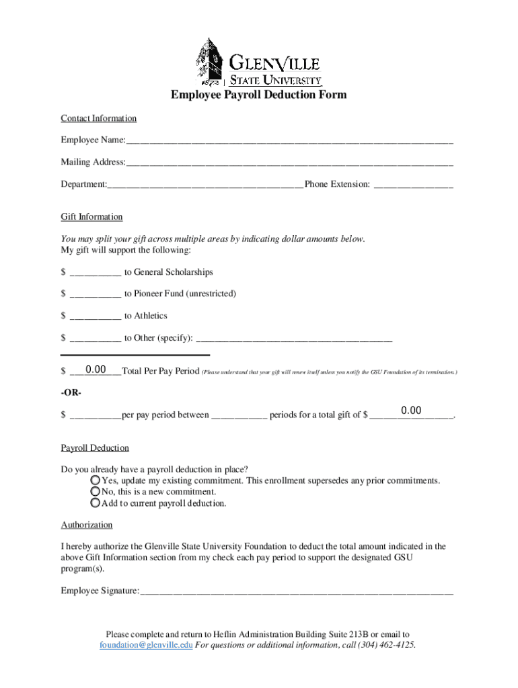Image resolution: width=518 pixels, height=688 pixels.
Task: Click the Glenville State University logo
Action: tap(258, 61)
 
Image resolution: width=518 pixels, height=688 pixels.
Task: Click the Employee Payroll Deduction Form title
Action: tap(258, 95)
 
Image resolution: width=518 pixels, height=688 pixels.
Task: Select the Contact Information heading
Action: tap(98, 118)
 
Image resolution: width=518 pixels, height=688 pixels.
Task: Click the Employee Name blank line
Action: tap(289, 141)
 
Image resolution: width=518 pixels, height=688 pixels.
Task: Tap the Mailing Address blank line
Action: tap(289, 163)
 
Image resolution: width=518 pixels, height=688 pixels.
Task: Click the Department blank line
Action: tap(205, 185)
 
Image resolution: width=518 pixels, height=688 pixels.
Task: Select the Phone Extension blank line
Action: tap(413, 185)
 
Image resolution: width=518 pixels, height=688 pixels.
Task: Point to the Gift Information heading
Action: tap(91, 217)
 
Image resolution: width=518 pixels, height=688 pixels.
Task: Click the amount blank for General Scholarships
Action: tap(95, 273)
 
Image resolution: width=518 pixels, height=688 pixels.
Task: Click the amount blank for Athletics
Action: tap(95, 316)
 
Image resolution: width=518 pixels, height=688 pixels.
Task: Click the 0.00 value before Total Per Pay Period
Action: tap(96, 370)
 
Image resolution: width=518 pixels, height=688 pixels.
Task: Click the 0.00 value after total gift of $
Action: tap(411, 411)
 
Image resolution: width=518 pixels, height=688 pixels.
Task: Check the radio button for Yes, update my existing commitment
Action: tap(96, 480)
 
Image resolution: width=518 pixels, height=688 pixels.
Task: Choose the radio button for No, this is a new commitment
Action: tap(96, 492)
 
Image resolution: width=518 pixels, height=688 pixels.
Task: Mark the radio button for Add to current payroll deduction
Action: tap(96, 503)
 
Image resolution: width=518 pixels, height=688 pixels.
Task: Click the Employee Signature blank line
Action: tap(297, 592)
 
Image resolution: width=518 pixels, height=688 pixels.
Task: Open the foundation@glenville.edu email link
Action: tap(146, 646)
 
